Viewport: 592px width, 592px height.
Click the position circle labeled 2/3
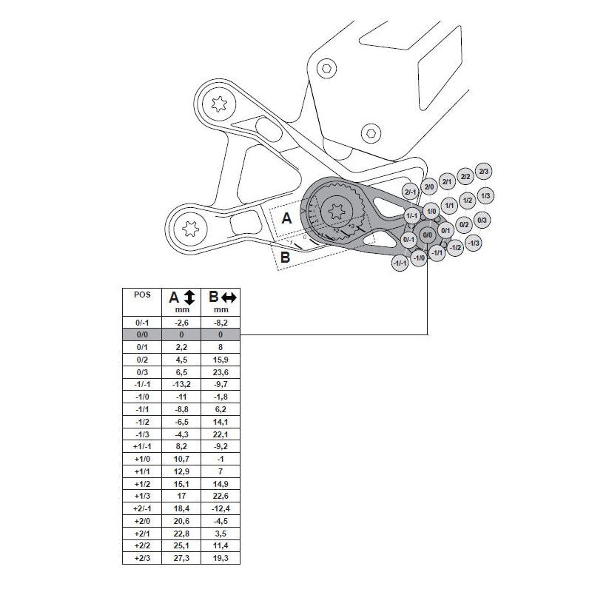tap(484, 171)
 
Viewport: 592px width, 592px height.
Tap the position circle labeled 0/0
tap(427, 235)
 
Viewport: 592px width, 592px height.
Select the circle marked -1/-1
tap(400, 263)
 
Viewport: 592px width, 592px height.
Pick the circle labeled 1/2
tap(467, 200)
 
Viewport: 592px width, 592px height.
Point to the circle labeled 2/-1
tap(411, 192)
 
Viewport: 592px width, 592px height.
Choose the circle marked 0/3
tap(482, 220)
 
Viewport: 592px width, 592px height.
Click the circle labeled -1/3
tap(474, 243)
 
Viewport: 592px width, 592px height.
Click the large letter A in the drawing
tap(287, 218)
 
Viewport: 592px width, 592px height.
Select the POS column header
tap(143, 294)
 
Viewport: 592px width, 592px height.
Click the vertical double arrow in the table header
tap(189, 297)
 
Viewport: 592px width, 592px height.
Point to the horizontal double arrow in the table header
tap(229, 297)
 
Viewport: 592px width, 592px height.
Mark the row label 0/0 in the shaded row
tap(143, 334)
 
